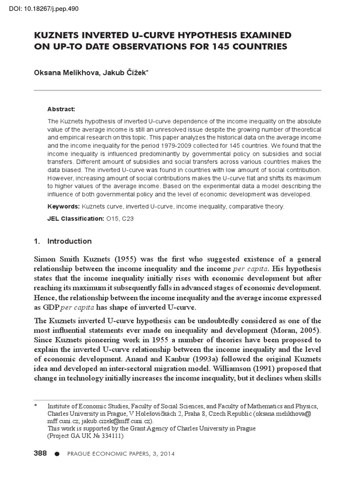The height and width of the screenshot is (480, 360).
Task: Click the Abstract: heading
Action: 61,109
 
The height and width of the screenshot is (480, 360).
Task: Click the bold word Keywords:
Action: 64,206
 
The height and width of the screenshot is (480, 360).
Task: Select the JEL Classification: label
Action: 75,218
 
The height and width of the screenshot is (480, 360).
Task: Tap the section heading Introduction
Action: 69,241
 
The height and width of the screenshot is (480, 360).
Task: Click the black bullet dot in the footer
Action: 57,454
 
